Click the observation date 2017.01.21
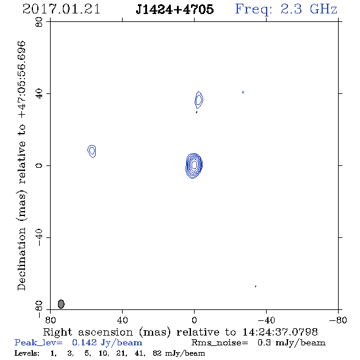tap(61, 9)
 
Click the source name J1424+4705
tap(175, 9)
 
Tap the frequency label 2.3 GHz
tap(309, 9)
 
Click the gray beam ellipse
tap(61, 304)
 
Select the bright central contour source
tap(194, 166)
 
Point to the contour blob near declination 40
tap(199, 100)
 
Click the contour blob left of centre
tap(92, 151)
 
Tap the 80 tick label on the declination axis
tap(39, 22)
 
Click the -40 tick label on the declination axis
tap(39, 237)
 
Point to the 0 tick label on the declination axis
tap(39, 165)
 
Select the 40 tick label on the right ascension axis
tap(122, 320)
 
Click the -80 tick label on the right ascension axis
tap(338, 320)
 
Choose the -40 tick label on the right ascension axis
tap(266, 320)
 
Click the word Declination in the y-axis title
tap(21, 259)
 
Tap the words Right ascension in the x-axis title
tap(88, 332)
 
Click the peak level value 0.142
tap(84, 342)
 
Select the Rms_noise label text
tap(220, 343)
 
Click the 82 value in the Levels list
tap(157, 353)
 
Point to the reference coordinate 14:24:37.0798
tap(280, 332)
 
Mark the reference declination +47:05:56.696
tap(22, 80)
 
